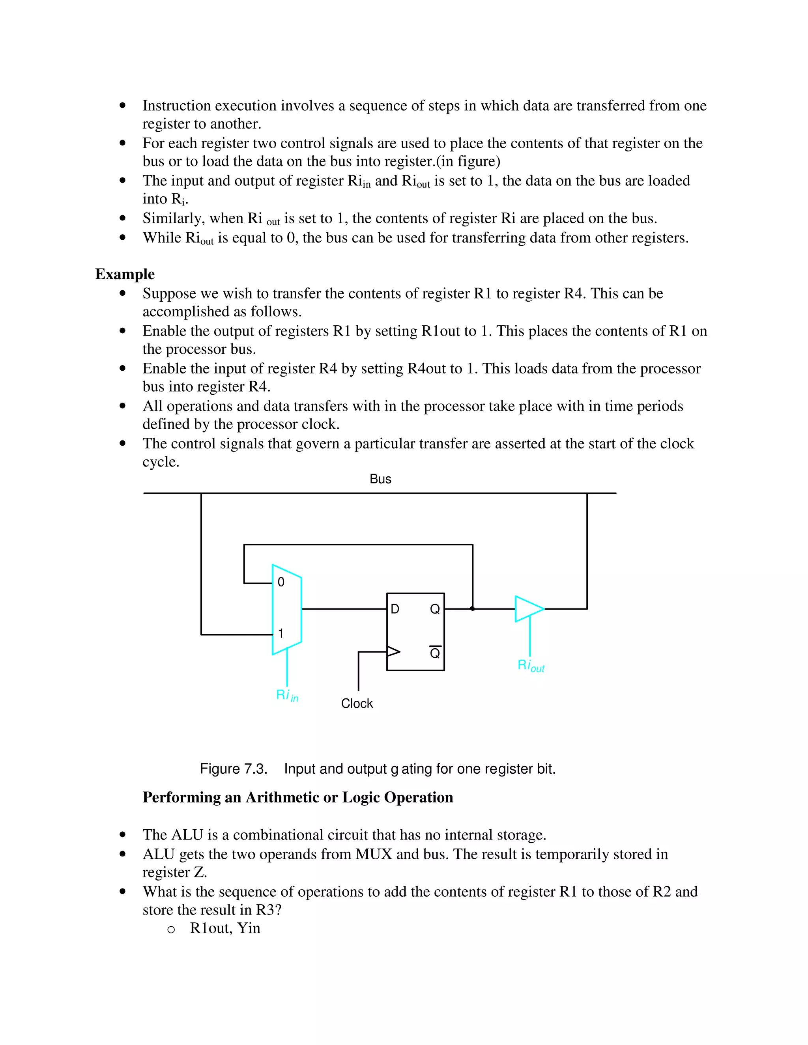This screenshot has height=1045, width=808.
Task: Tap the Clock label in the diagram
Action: pos(357,704)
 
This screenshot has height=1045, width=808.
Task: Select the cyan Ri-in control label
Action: pos(287,695)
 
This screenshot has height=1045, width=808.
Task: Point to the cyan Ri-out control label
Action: pos(531,665)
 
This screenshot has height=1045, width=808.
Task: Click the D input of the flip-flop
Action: pos(395,609)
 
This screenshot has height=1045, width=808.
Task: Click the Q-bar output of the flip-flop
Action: pos(435,653)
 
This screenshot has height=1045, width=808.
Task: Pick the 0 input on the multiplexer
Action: pos(281,582)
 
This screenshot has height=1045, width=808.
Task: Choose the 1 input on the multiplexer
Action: pos(281,634)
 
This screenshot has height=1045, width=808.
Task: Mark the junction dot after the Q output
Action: pos(472,608)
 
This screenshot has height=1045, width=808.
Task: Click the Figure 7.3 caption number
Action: pos(233,769)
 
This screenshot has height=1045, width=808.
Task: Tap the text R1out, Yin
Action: pos(225,928)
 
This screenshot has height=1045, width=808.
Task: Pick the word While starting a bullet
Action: pos(161,238)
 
